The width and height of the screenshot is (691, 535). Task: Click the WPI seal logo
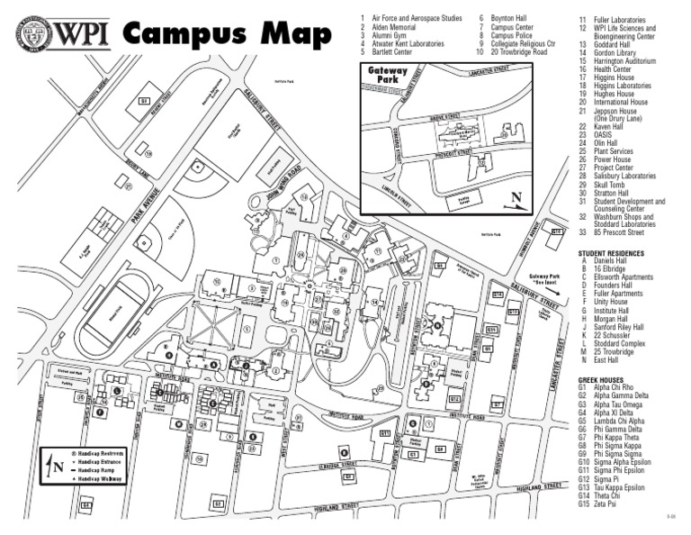click(31, 33)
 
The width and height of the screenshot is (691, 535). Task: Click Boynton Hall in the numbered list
click(510, 18)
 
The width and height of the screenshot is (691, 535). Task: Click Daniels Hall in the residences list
click(612, 262)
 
